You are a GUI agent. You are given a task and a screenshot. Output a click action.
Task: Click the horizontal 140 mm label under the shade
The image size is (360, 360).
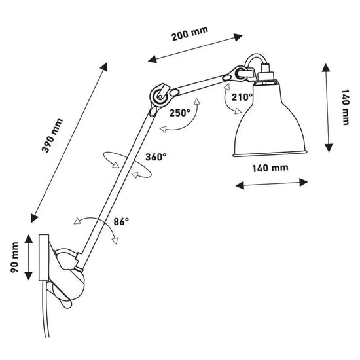coord(271,168)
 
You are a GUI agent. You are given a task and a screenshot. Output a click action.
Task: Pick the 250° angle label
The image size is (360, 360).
coord(179,112)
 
